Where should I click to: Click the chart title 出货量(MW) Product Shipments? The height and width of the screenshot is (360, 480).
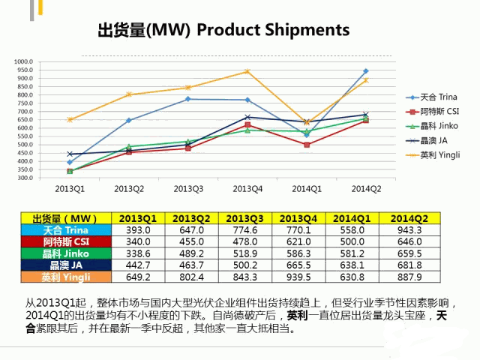(223, 30)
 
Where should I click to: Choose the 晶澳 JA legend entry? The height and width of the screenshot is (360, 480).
(434, 140)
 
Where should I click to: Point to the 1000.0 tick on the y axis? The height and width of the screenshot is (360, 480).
(25, 61)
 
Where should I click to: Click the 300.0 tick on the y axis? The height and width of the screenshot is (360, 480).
(25, 178)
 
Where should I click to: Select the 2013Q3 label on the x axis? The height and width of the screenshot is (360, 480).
(189, 187)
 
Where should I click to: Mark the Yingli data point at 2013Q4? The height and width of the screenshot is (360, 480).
(247, 72)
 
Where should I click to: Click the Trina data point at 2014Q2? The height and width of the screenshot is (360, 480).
(366, 71)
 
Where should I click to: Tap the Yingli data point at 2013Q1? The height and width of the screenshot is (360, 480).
(70, 120)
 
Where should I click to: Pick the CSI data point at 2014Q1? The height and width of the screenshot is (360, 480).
(307, 145)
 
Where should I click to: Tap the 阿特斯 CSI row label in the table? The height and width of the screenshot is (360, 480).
(66, 242)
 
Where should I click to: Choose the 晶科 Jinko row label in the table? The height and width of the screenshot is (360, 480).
(66, 254)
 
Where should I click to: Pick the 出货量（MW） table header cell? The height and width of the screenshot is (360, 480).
(66, 218)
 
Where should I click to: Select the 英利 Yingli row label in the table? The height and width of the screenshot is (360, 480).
(66, 277)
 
